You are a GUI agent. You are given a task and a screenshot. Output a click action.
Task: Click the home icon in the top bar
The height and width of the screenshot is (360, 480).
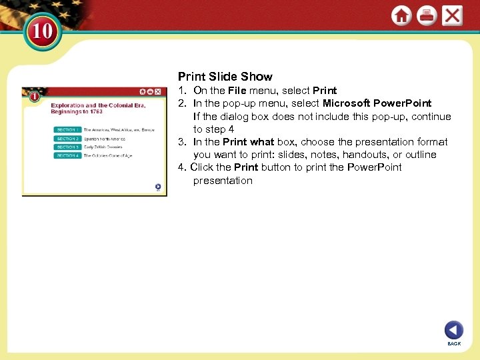(x=401, y=15)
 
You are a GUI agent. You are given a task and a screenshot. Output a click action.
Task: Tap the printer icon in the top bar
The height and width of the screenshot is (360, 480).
(x=427, y=15)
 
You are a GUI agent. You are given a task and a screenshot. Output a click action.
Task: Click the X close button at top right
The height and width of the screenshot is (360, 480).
(x=452, y=15)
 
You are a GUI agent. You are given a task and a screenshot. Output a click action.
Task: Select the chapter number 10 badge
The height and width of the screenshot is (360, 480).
(x=43, y=31)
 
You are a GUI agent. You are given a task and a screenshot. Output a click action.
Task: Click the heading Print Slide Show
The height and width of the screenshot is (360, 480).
(x=225, y=77)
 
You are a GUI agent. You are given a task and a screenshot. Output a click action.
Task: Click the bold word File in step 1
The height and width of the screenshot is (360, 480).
(x=237, y=91)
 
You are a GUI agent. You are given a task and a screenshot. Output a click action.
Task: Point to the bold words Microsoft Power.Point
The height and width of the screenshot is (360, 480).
(x=377, y=103)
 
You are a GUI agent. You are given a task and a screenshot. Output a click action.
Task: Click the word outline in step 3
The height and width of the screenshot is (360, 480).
(x=421, y=155)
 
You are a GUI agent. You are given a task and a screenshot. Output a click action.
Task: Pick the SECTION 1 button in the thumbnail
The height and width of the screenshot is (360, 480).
(x=67, y=130)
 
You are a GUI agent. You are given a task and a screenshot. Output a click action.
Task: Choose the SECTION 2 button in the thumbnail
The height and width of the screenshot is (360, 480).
(x=67, y=139)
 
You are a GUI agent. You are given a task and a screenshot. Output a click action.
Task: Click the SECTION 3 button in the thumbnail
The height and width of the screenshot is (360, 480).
(x=67, y=147)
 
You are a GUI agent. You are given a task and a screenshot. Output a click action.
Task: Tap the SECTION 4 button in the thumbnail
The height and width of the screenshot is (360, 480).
(x=67, y=156)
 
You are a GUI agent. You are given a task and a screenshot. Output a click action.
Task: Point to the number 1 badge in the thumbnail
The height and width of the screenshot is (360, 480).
(x=33, y=97)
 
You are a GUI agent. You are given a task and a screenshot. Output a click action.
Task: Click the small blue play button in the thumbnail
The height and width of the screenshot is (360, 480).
(x=157, y=187)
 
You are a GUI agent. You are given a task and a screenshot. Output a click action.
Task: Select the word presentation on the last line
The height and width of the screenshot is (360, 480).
(x=223, y=181)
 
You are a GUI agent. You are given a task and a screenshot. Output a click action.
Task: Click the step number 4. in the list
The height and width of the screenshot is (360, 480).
(x=182, y=167)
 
